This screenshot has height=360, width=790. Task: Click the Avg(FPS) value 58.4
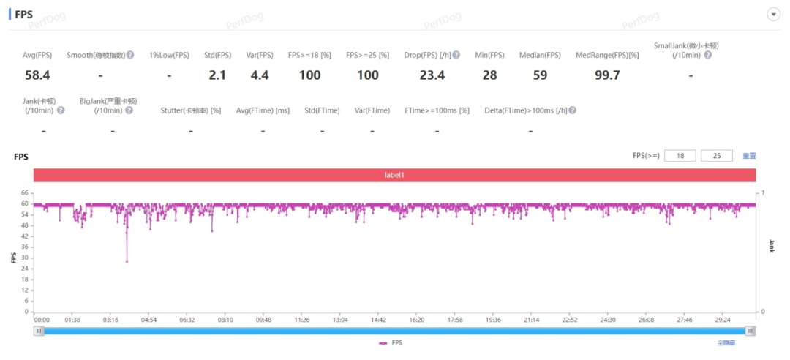click(37, 75)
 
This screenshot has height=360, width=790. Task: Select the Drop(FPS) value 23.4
click(432, 75)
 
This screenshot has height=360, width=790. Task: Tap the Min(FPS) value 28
click(489, 75)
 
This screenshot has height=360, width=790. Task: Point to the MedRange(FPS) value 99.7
click(607, 75)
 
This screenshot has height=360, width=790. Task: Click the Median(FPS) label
click(540, 55)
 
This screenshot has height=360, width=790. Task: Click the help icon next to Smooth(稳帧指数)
click(130, 55)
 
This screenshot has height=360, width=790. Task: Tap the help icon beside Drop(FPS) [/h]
click(456, 55)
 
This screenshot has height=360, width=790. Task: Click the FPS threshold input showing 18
click(680, 156)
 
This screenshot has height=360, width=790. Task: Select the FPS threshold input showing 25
click(716, 156)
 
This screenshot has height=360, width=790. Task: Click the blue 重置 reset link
click(749, 156)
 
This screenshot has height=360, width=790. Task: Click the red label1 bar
click(394, 175)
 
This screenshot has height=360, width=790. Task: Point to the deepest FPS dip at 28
click(127, 261)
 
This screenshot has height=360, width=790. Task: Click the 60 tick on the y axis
click(24, 204)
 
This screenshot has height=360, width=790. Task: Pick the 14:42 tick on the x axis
click(378, 320)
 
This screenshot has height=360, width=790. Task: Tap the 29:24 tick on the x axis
click(723, 320)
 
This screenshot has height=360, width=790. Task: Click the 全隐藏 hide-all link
click(726, 342)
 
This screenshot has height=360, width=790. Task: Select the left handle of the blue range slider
click(39, 331)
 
